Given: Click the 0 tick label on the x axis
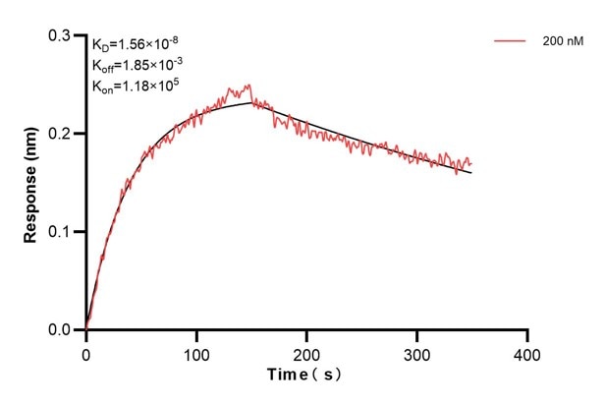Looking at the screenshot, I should pos(86,352).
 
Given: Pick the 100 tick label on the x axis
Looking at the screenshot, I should pos(196,352).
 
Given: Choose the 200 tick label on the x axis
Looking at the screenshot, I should pos(307,352).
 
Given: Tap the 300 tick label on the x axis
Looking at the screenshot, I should pos(417,352).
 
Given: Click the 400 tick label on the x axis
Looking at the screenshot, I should pos(528,352).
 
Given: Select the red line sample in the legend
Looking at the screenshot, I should pos(511,42).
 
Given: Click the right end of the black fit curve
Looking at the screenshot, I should pos(471,173).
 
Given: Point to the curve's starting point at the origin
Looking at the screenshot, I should pos(86,329).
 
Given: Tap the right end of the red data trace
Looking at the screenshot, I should pos(471,163).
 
